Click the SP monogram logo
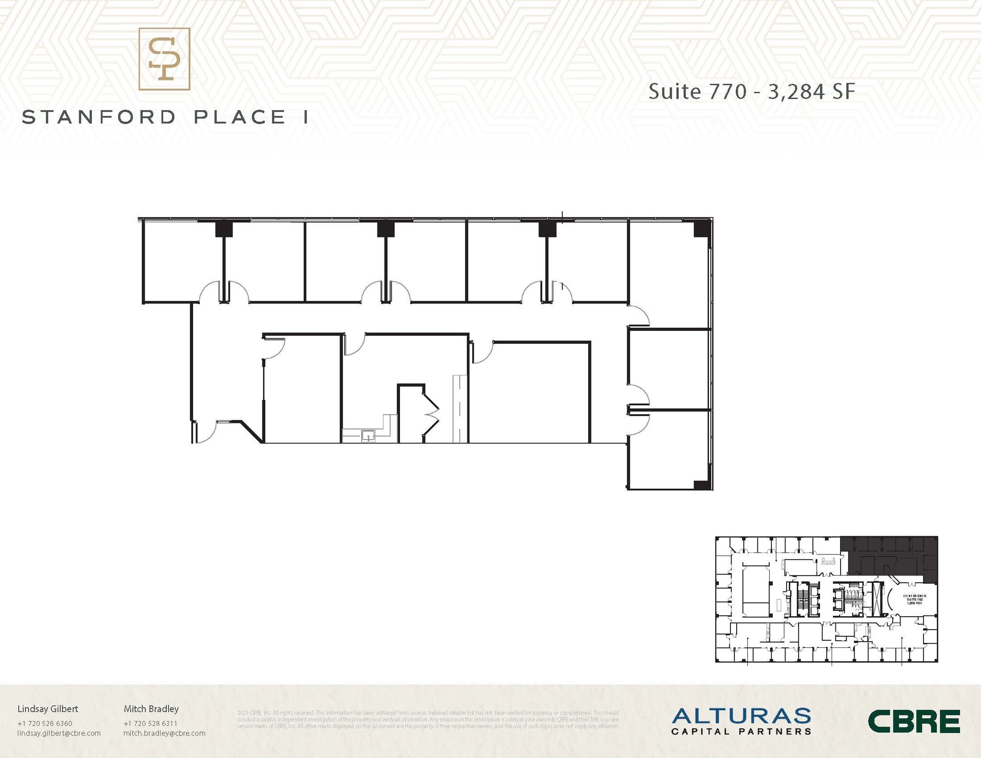[x=164, y=59]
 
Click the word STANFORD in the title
[x=99, y=118]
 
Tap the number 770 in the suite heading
[x=728, y=92]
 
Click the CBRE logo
[x=913, y=722]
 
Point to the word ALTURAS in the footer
[x=741, y=716]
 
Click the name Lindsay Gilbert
[x=47, y=709]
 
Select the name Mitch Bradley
[x=151, y=709]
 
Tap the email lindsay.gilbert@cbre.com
[x=59, y=733]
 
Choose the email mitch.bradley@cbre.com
[x=164, y=733]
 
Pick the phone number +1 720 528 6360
[x=45, y=724]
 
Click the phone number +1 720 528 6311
[x=150, y=724]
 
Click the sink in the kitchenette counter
[x=368, y=436]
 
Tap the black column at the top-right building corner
[x=701, y=229]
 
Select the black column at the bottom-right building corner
[x=702, y=485]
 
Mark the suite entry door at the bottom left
[x=205, y=432]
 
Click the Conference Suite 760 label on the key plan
[x=914, y=599]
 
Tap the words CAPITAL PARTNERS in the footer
[x=741, y=732]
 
